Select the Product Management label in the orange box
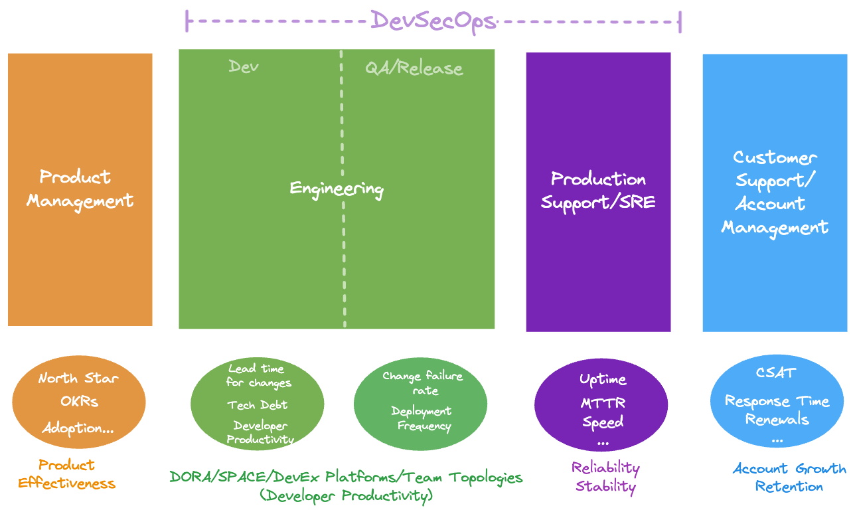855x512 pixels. point(80,189)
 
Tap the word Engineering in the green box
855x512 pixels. point(337,189)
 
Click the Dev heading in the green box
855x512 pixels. point(243,66)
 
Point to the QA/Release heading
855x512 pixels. point(414,68)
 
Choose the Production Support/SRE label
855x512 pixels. point(598,191)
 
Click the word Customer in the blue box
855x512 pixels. point(774,158)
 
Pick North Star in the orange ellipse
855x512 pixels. point(78,379)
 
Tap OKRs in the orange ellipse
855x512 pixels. point(78,402)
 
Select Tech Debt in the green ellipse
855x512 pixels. point(258,405)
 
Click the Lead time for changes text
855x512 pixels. point(258,375)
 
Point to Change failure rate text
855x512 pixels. point(423,383)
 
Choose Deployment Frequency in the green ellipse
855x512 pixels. point(423,418)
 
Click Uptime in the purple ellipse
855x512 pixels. point(603,379)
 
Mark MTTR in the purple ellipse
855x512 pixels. point(603,402)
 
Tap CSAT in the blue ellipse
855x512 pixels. point(775,373)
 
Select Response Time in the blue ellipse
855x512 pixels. point(777,401)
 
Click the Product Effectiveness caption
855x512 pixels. point(66,474)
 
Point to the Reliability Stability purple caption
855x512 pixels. point(605,477)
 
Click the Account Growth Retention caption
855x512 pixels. point(789,477)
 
